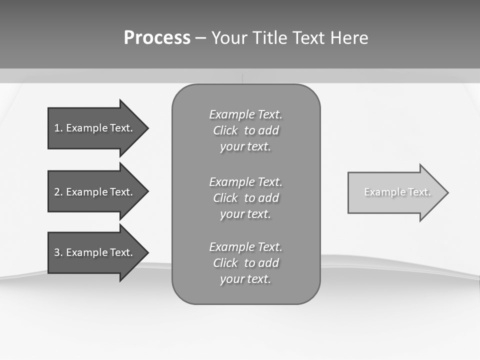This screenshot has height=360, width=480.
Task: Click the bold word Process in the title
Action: tap(157, 38)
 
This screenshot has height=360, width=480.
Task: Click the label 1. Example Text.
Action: tap(93, 128)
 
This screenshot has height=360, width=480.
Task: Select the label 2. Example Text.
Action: tap(93, 192)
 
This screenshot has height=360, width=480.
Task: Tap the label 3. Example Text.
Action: tap(93, 252)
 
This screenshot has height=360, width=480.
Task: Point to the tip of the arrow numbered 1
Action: tap(147, 128)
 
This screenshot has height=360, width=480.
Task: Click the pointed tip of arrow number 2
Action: tap(147, 191)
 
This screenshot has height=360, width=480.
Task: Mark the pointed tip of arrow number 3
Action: tap(147, 252)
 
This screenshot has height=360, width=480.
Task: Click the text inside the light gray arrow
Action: tap(397, 192)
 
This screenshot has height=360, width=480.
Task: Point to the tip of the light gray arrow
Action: tap(447, 192)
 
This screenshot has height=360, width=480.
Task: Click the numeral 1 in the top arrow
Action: tap(56, 128)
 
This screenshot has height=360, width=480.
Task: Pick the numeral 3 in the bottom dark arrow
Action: tap(56, 252)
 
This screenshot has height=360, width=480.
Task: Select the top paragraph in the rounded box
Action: tap(245, 130)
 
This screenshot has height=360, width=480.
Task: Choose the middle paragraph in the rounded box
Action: tap(245, 198)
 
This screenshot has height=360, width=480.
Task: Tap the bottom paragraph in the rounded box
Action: tap(245, 263)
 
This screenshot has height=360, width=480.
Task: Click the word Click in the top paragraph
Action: tap(225, 131)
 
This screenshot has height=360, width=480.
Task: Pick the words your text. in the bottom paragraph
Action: tap(245, 279)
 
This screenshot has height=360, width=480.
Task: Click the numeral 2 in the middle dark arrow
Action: tap(56, 192)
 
